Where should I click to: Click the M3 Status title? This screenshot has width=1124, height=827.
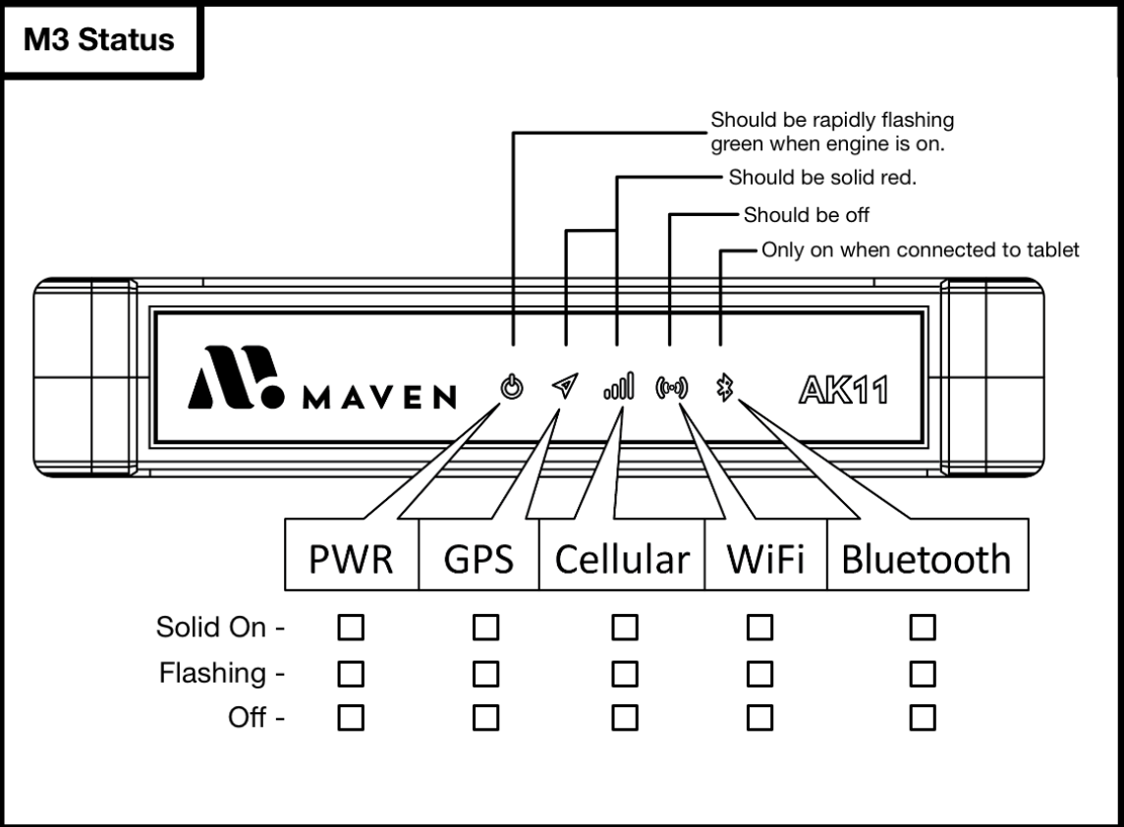click(98, 40)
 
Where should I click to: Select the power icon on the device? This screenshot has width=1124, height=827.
click(511, 388)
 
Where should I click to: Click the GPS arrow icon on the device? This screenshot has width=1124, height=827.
click(563, 388)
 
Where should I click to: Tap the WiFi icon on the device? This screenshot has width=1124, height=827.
click(672, 388)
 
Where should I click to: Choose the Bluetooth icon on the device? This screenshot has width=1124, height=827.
click(725, 388)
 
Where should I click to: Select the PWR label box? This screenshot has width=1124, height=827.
click(351, 560)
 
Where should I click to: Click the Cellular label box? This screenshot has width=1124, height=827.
click(621, 560)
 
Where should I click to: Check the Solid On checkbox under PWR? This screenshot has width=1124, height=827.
click(351, 627)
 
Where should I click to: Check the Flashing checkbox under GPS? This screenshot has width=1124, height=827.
click(484, 674)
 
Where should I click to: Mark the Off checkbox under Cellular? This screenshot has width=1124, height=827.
click(622, 719)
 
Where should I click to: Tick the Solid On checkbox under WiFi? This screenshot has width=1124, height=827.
click(758, 627)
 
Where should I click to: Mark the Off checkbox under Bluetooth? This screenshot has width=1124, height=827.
click(922, 719)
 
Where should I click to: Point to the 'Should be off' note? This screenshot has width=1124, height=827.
click(807, 215)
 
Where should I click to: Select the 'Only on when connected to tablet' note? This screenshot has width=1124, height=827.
click(921, 250)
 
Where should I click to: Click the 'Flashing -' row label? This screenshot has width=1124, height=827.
click(221, 674)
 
